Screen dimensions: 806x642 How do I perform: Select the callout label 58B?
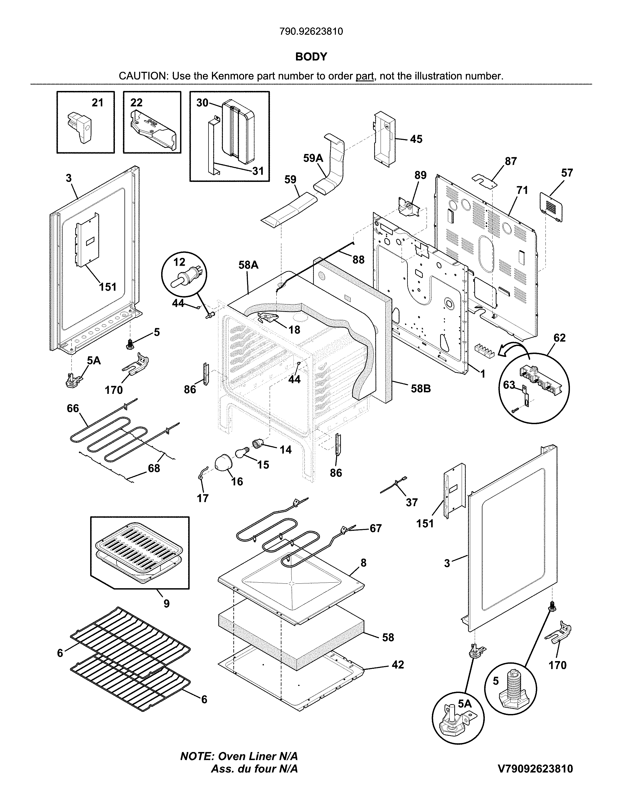tap(421, 389)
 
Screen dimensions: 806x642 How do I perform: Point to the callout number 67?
tap(376, 528)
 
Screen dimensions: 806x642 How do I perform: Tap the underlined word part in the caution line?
tap(365, 76)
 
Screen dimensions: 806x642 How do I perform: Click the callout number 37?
tap(411, 502)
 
